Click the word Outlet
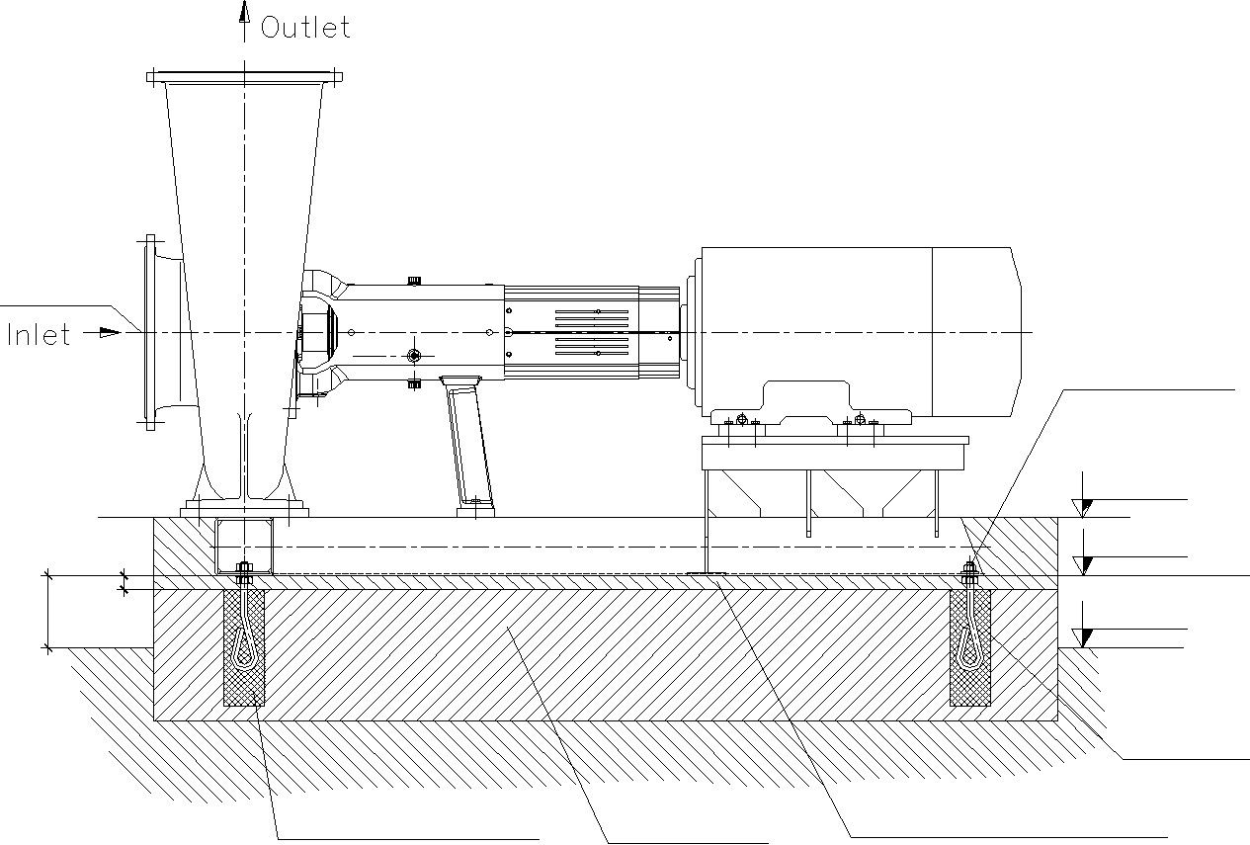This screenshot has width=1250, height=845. tap(305, 28)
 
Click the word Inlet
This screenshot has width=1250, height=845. tap(38, 335)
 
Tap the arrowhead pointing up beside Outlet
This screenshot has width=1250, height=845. tap(244, 12)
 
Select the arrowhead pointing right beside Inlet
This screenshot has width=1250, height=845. tap(110, 333)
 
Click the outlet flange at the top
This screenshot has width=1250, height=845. tap(244, 77)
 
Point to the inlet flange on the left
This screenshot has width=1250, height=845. tap(150, 333)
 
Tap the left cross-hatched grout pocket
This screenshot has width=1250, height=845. tap(244, 647)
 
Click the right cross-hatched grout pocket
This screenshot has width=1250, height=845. tap(970, 647)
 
